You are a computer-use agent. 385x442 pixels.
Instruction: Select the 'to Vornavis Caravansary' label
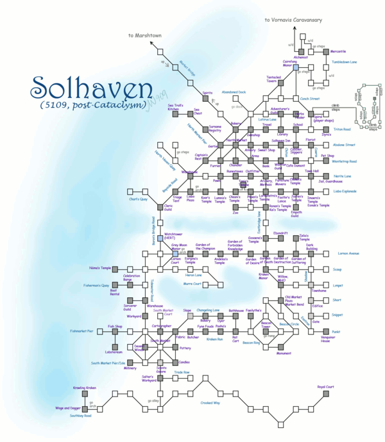pyautogui.click(x=293, y=20)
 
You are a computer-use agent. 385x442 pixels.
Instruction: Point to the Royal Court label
pyautogui.click(x=326, y=387)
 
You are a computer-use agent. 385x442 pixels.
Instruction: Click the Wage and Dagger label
pyautogui.click(x=68, y=408)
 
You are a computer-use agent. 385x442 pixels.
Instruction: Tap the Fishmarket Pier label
pyautogui.click(x=82, y=331)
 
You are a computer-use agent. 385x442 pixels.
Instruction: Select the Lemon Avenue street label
pyautogui.click(x=348, y=254)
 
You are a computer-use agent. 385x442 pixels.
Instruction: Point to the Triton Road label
pyautogui.click(x=341, y=129)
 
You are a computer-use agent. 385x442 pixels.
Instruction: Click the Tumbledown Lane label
pyautogui.click(x=344, y=62)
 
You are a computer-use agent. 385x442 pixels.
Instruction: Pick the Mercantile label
pyautogui.click(x=338, y=51)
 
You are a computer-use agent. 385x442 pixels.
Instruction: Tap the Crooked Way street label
pyautogui.click(x=210, y=403)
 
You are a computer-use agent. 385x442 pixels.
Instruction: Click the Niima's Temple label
pyautogui.click(x=100, y=268)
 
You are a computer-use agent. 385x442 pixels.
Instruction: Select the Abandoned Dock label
pyautogui.click(x=234, y=92)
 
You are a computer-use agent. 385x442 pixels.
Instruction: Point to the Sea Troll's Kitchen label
pyautogui.click(x=176, y=107)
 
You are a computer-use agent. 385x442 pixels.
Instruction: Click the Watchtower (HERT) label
pyautogui.click(x=174, y=236)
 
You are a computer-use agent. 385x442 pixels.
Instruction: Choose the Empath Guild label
pyautogui.click(x=296, y=215)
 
